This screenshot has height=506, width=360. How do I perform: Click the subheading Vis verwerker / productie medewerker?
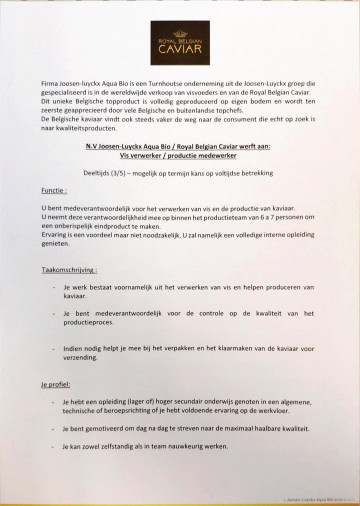[x=179, y=180]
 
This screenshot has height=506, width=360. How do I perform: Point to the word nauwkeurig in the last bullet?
[x=227, y=488]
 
